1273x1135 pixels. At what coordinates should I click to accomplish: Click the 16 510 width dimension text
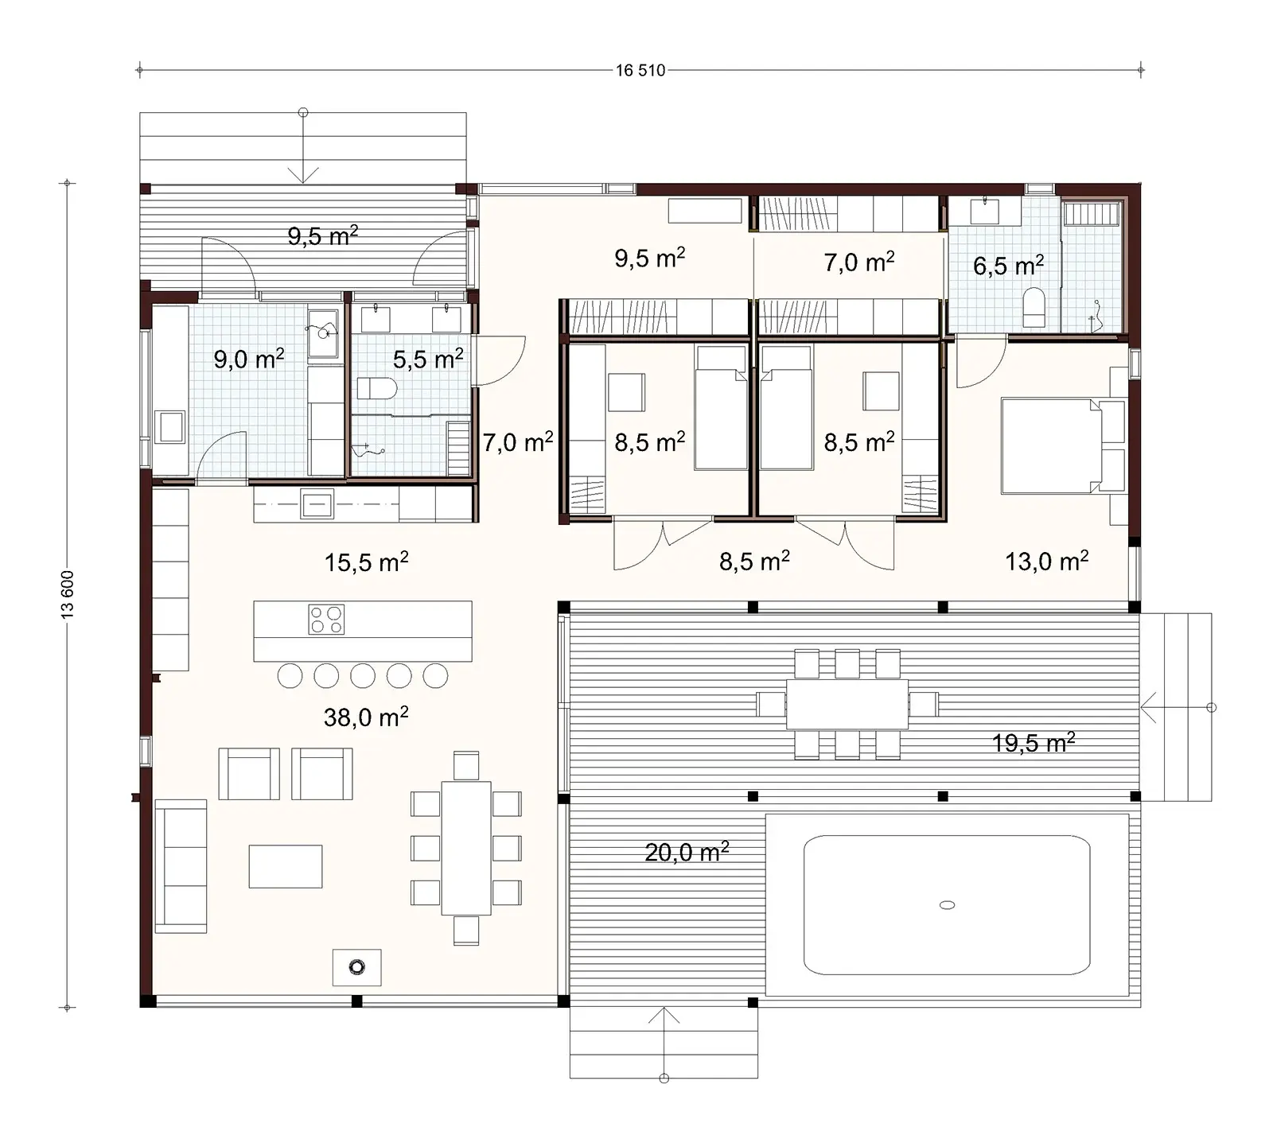coord(640,70)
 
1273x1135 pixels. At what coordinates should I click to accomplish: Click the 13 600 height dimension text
coord(68,594)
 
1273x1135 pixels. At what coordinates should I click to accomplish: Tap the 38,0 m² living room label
coord(366,717)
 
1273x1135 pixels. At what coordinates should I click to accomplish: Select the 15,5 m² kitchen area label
coord(366,562)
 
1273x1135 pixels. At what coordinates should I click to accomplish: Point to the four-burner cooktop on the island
coord(326,620)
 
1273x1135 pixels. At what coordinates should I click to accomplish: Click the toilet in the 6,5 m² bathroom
coord(1034,307)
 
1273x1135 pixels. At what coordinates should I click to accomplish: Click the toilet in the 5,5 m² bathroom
coord(377,389)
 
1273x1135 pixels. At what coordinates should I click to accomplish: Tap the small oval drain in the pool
coord(947,904)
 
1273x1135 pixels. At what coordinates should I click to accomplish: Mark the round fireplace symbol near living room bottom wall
coord(356,967)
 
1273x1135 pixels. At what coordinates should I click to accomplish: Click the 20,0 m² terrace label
coord(687,853)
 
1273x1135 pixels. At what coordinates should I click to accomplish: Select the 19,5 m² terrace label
coord(1033,743)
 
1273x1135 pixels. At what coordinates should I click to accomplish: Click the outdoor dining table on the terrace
coord(847,704)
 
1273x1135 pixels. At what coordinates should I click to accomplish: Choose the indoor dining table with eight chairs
coord(466,848)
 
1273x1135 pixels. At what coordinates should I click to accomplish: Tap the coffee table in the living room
coord(285,866)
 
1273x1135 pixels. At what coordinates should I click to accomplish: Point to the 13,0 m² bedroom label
coord(1046,562)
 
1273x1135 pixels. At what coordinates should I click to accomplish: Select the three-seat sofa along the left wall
coord(181,865)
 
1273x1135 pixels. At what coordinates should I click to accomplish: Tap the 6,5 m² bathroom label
coord(1008,266)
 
